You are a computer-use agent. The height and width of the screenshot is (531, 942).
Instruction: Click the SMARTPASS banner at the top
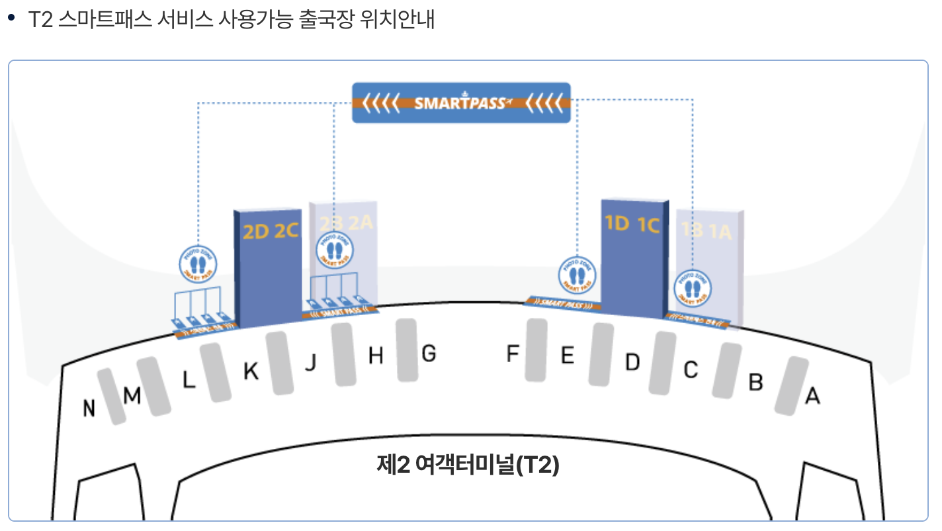(461, 103)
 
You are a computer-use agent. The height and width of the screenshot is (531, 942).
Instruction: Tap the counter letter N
(89, 409)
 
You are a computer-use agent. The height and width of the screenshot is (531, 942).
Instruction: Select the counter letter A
(812, 397)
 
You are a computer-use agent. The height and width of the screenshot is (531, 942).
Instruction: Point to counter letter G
(429, 354)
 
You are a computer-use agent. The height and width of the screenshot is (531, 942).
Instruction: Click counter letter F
(513, 354)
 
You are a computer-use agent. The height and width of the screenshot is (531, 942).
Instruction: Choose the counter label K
(251, 372)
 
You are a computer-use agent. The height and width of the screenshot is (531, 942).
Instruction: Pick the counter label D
(633, 362)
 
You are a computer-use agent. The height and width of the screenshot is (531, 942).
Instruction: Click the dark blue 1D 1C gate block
(632, 258)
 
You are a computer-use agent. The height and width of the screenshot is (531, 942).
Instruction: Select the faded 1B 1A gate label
(706, 231)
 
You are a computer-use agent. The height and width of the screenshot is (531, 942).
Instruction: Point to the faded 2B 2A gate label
(347, 222)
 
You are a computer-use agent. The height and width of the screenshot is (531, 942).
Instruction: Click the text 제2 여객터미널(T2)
(468, 465)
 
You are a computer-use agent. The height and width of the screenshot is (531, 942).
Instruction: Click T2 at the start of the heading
(40, 19)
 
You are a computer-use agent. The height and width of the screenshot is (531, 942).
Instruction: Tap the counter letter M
(132, 396)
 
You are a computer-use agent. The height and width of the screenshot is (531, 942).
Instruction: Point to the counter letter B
(755, 382)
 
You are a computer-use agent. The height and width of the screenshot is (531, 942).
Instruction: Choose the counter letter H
(376, 356)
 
